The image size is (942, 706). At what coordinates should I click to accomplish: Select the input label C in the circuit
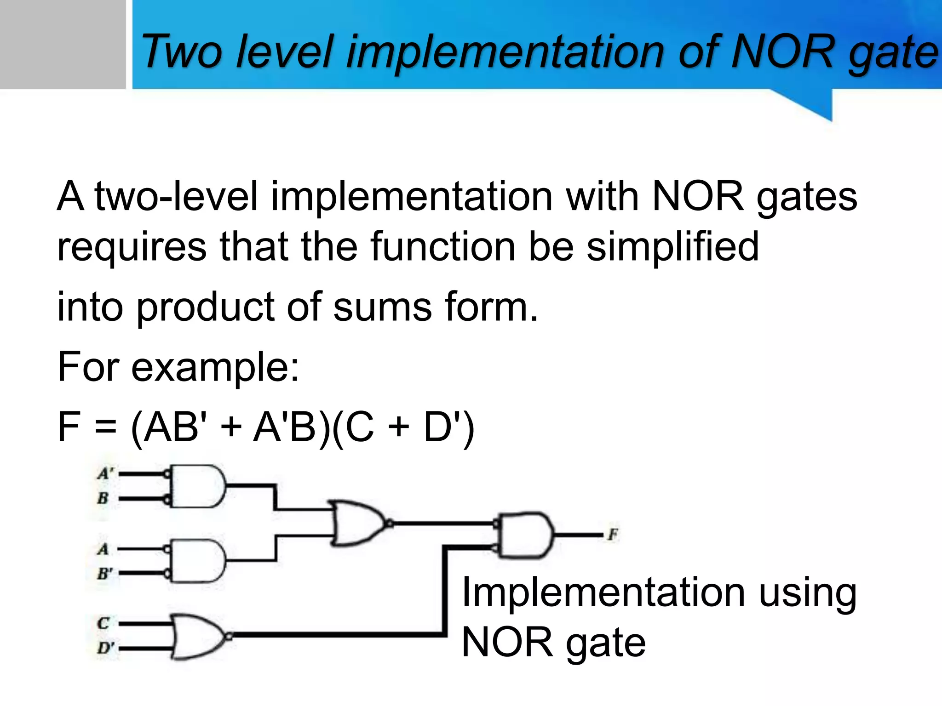coord(103,623)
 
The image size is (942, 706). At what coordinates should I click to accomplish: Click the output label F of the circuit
coord(613,535)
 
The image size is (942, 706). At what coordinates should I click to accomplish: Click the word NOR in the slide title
coord(782,51)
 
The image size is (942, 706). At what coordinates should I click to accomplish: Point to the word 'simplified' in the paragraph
coord(672,247)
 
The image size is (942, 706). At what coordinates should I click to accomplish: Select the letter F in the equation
coord(69,427)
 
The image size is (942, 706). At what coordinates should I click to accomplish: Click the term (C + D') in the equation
coord(403,428)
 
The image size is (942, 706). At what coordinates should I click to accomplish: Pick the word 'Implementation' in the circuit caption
coord(603,592)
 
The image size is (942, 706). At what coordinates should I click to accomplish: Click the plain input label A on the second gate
coord(103,549)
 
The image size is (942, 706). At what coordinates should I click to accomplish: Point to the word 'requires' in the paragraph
coord(132,247)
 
